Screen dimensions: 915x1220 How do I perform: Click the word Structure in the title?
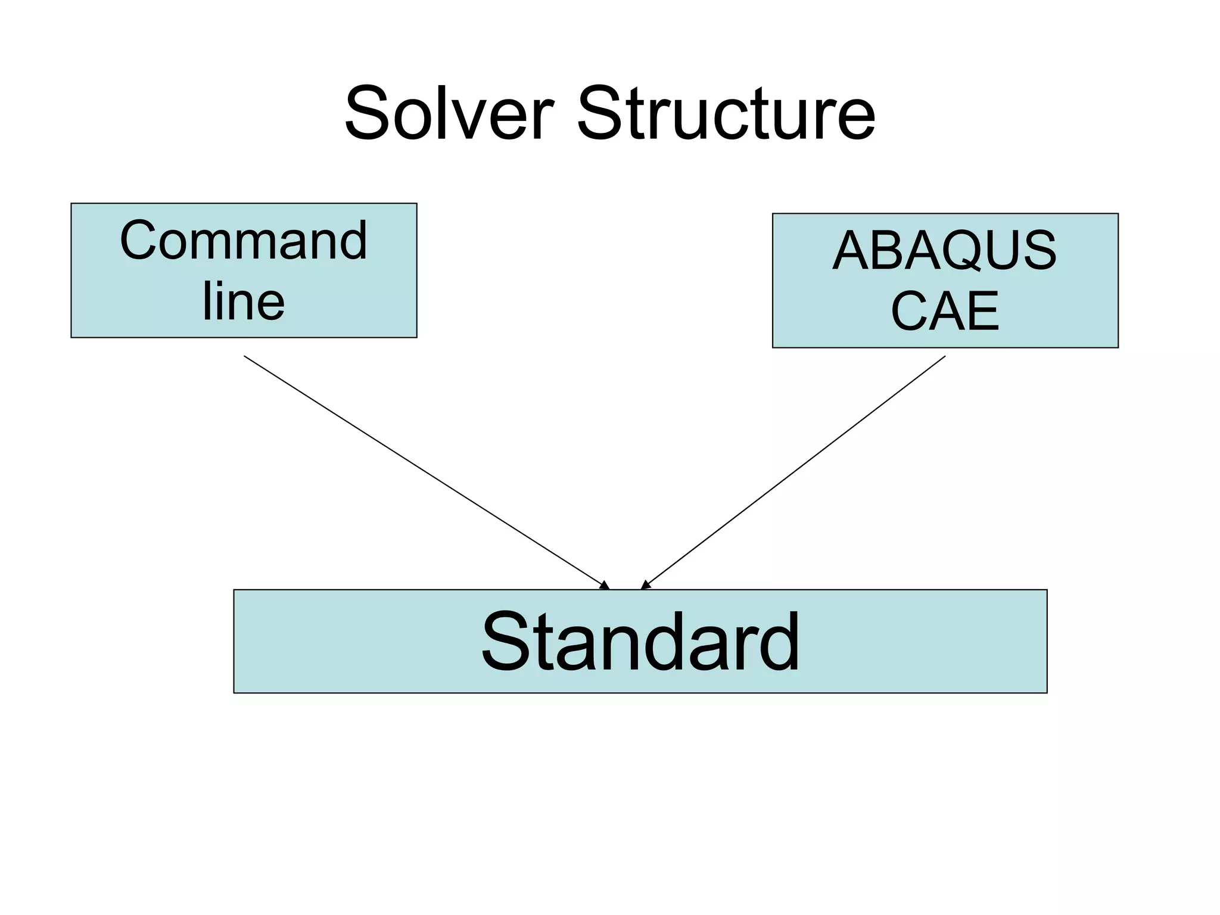[x=726, y=113]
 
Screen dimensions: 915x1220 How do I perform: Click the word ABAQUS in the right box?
[x=944, y=251]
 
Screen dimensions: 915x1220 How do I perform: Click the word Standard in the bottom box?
[x=640, y=642]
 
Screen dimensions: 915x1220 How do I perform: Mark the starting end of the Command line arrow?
[x=245, y=357]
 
